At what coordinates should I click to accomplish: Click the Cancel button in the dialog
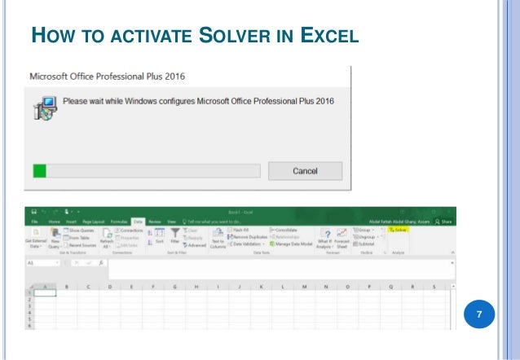[x=306, y=170]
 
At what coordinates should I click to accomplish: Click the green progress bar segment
[x=38, y=170]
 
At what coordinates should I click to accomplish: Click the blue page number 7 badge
[x=479, y=314]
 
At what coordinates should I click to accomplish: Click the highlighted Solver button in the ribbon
[x=398, y=230]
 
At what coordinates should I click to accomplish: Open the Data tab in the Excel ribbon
[x=138, y=221]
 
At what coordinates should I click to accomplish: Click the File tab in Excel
[x=34, y=221]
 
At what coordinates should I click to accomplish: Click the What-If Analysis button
[x=324, y=237]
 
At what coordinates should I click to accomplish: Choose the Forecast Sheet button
[x=342, y=237]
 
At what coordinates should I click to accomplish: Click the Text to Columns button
[x=218, y=237]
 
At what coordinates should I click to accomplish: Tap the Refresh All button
[x=106, y=237]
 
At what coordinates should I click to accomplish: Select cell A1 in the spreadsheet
[x=44, y=293]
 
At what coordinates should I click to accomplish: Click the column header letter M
[x=304, y=287]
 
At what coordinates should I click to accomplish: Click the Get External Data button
[x=34, y=237]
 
